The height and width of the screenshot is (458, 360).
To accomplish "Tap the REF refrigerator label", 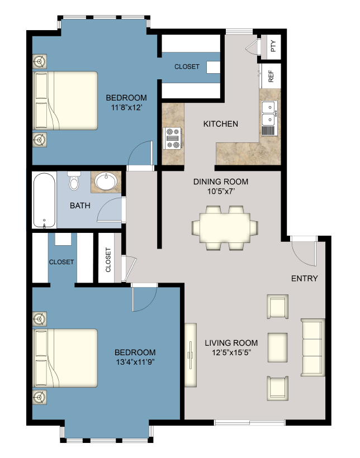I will (x=271, y=77).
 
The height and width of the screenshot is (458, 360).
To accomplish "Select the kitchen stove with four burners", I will (x=172, y=138).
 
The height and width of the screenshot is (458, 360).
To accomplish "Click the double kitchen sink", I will (x=269, y=112).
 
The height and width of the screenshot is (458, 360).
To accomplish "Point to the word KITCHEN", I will (x=220, y=123).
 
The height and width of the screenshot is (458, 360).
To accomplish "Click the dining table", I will (x=225, y=227).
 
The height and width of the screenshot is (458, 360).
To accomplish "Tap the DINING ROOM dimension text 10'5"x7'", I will (x=220, y=192).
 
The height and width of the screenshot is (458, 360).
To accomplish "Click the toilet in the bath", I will (x=74, y=182).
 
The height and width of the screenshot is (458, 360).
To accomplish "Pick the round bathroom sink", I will (x=106, y=182).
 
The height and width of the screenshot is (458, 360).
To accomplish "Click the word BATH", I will (x=80, y=206).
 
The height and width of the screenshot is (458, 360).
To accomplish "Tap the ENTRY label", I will (x=304, y=278).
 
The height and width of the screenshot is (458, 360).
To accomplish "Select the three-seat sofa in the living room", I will (x=312, y=346).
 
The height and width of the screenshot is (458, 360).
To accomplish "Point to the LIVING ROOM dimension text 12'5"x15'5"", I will (x=231, y=353).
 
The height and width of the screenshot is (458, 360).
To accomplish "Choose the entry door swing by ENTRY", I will (x=306, y=252).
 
